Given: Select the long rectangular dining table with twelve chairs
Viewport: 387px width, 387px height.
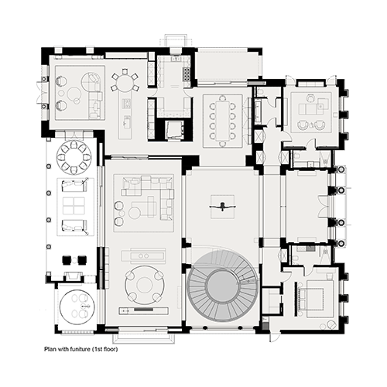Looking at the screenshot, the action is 222,121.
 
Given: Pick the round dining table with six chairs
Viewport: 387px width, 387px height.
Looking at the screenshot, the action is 125,82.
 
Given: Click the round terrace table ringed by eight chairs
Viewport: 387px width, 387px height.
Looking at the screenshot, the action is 74,157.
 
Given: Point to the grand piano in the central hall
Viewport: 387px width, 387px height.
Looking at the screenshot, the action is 223,207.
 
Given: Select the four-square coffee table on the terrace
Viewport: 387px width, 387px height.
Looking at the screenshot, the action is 74,206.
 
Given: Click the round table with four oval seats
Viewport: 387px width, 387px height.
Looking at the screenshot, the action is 77,307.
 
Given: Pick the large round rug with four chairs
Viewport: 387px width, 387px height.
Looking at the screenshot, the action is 145,285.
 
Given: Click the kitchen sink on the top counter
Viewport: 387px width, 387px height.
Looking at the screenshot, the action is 176,59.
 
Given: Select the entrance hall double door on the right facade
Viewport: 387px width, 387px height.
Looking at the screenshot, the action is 323,207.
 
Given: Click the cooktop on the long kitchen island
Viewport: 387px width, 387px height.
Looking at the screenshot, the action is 127,104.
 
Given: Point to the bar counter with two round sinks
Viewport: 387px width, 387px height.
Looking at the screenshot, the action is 144,255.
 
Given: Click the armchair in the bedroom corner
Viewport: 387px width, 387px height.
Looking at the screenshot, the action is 330,324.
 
